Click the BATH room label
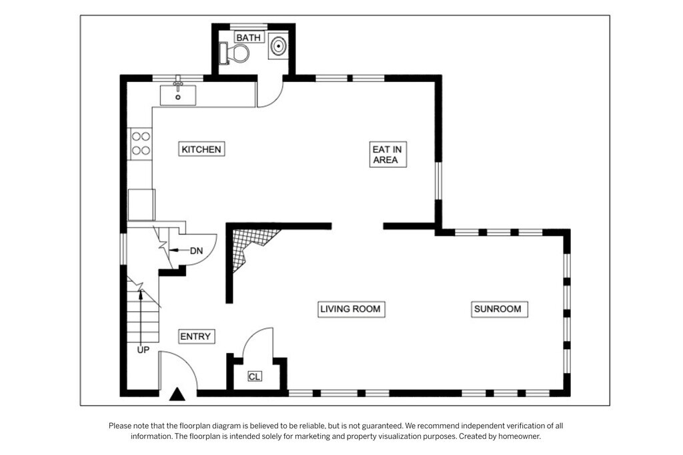click(x=249, y=37)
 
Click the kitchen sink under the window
click(x=177, y=95)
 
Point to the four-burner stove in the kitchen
click(x=141, y=143)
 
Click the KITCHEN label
click(x=201, y=149)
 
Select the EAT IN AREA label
click(x=388, y=155)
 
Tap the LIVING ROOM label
click(x=351, y=309)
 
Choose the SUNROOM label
click(x=498, y=309)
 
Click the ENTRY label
click(x=196, y=336)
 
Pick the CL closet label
click(x=254, y=376)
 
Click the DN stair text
click(x=197, y=250)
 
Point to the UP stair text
click(x=143, y=350)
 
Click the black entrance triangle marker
click(x=177, y=394)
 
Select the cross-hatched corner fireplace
click(x=251, y=246)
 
